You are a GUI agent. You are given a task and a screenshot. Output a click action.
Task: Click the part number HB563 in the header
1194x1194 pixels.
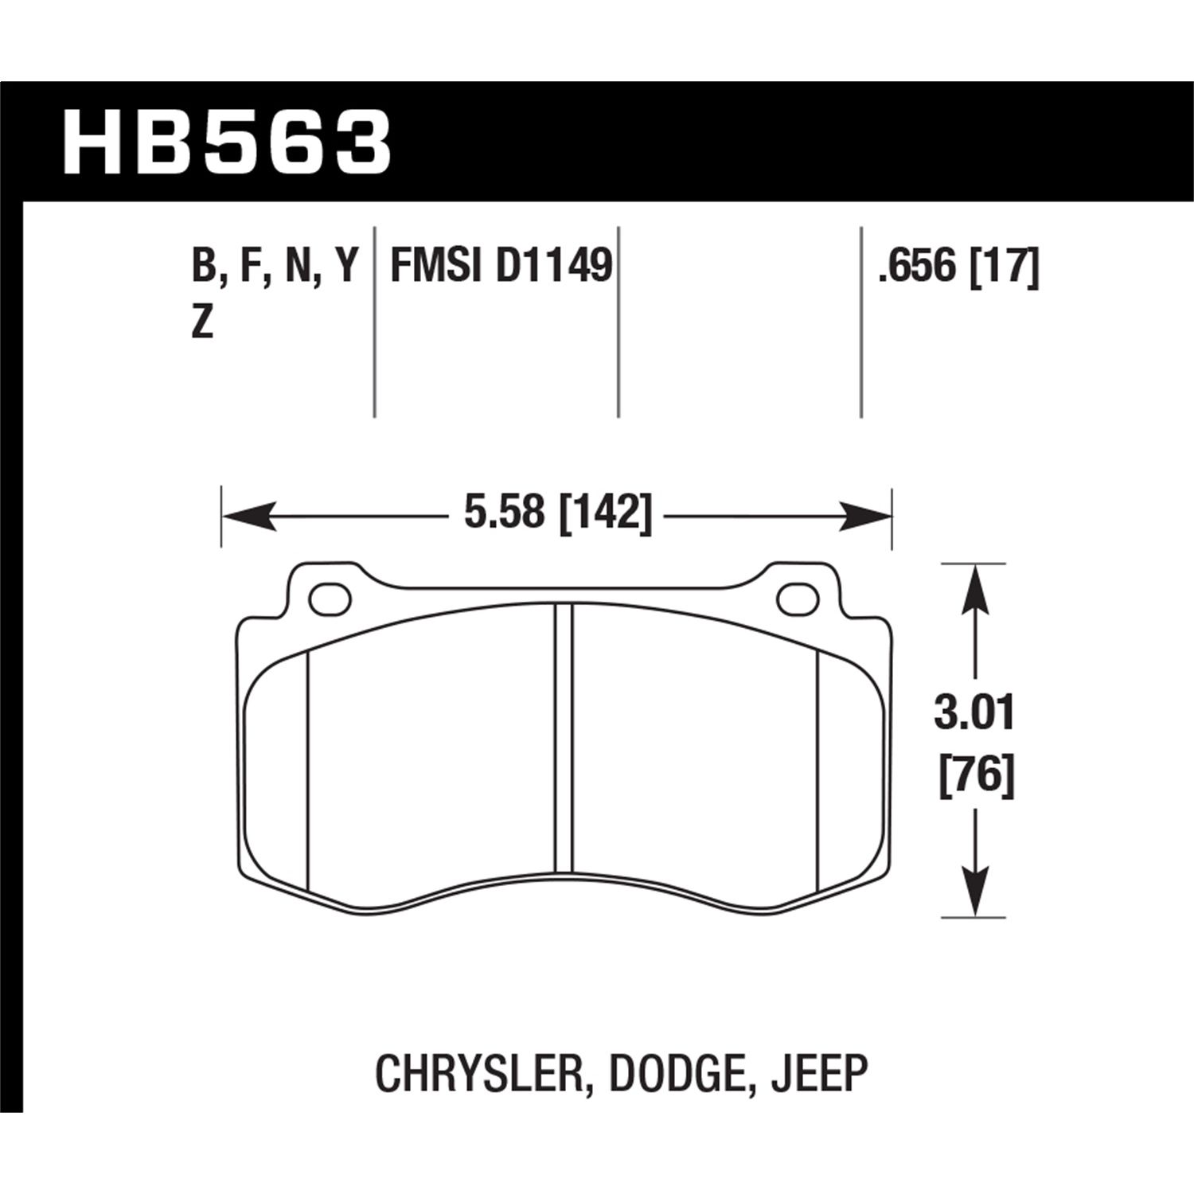point(228,142)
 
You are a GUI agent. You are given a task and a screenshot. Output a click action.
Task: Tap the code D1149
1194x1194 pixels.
point(554,265)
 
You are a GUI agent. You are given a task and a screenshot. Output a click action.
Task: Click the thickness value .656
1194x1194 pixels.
point(915,265)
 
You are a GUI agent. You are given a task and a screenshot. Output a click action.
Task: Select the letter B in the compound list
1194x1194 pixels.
point(204,265)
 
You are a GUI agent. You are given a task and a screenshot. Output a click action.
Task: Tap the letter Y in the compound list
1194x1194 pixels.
point(346,265)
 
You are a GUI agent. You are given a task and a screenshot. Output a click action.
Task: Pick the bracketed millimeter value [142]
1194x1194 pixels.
point(607,513)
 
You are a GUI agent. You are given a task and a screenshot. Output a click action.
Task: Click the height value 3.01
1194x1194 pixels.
point(975,713)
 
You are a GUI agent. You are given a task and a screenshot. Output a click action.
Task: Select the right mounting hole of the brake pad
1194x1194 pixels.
point(798,599)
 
